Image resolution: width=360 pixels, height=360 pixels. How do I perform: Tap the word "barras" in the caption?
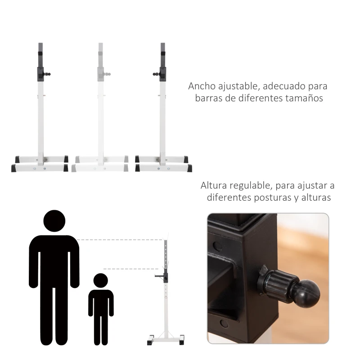coord(209,98)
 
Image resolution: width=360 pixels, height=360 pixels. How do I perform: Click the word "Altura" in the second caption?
coord(213,185)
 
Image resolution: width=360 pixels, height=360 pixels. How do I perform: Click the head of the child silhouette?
coord(101,281)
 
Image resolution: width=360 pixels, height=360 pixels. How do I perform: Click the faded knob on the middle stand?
coord(108,73)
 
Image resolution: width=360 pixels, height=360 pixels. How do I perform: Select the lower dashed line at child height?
coord(130,269)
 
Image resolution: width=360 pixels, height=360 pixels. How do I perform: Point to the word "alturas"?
coord(315,197)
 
